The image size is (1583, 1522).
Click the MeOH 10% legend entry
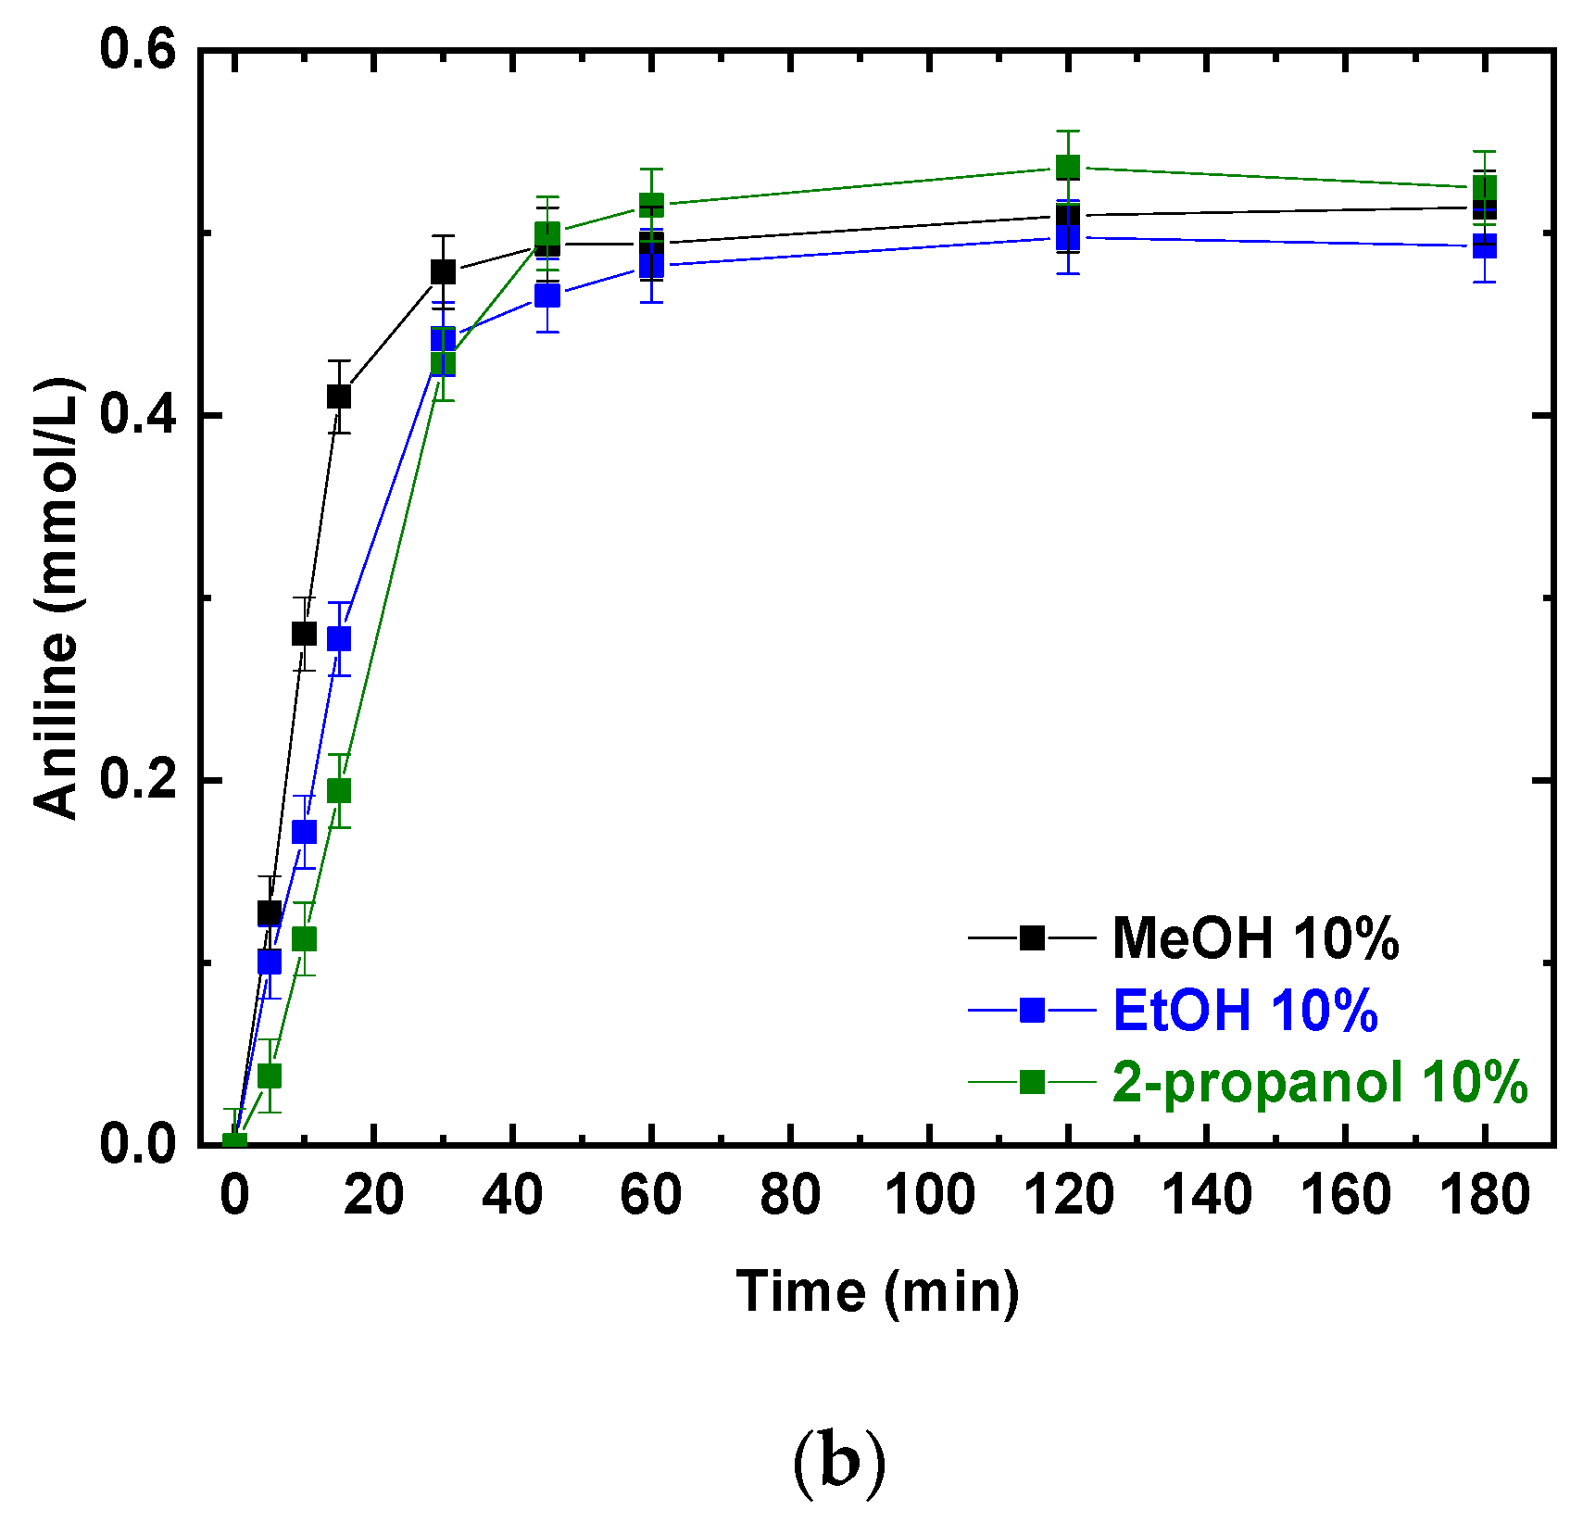(1254, 937)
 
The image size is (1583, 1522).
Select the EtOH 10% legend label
(1244, 1010)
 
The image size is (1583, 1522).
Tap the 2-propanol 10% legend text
(1319, 1081)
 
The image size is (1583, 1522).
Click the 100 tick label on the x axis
(929, 1195)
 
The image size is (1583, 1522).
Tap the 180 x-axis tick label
(1485, 1195)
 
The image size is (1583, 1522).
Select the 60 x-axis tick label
(651, 1195)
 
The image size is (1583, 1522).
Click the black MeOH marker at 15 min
(339, 396)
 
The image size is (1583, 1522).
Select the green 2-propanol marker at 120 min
(1068, 168)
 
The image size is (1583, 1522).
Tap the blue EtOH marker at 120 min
(1068, 237)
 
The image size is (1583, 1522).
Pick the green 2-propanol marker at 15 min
(339, 790)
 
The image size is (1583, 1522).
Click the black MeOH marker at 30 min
(443, 272)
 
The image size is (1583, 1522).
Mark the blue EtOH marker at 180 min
(1485, 246)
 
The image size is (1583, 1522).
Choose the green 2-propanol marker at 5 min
(270, 1075)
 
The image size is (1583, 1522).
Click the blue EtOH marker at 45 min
(547, 296)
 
